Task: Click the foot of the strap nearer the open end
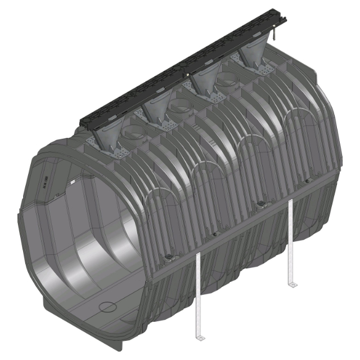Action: coord(199,337)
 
